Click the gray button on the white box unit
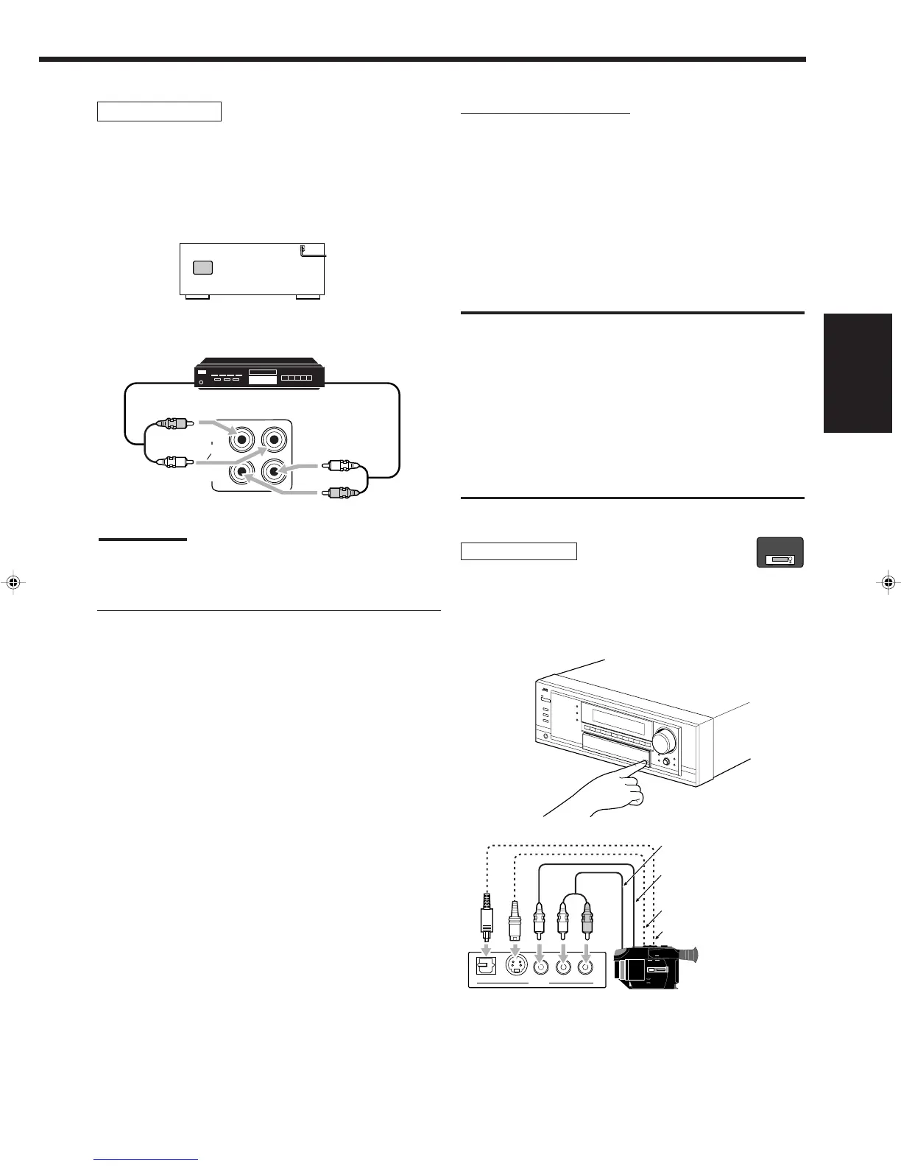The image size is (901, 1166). pos(202,267)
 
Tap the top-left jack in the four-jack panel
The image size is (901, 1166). pos(242,440)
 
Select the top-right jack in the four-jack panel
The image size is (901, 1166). pos(274,440)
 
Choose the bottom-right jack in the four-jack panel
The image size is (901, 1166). pos(274,472)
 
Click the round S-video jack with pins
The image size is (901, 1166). pos(516,967)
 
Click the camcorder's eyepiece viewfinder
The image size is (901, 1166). pos(688,955)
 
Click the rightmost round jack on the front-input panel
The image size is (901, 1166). pos(587,967)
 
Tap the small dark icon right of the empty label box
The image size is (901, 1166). pos(780,553)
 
